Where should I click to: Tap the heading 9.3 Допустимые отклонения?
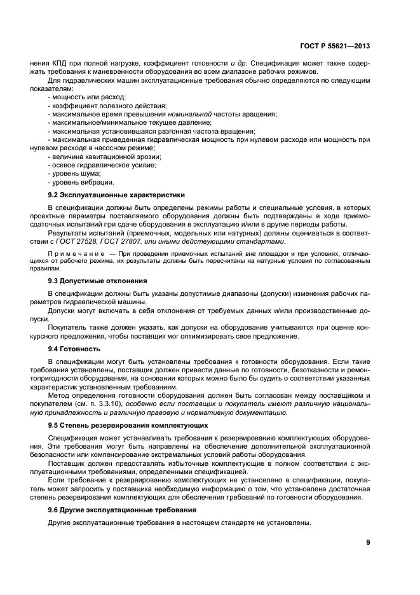pos(98,281)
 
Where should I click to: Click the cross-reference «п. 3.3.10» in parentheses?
pos(105,403)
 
